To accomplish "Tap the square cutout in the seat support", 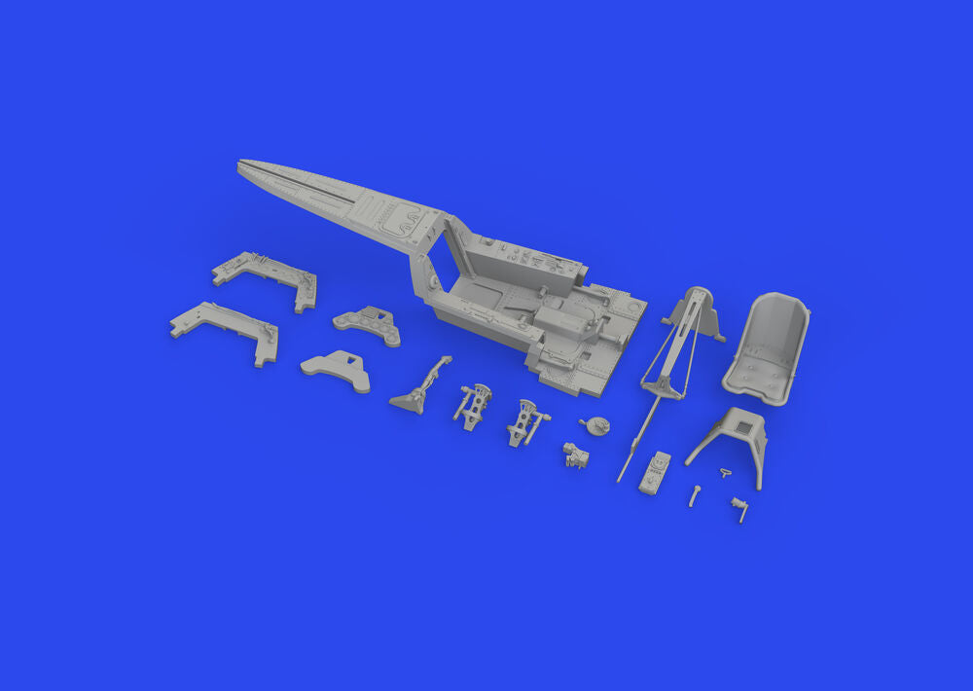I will [738, 424].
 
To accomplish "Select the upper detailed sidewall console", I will [266, 279].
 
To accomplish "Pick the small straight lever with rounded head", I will [695, 495].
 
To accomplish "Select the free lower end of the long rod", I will [621, 478].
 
